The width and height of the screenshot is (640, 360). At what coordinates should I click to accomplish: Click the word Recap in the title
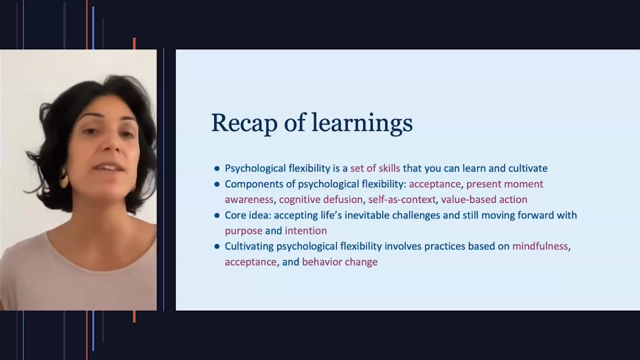244,123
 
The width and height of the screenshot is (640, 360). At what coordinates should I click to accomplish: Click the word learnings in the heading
362,123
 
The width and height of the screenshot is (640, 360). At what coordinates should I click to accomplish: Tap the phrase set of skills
375,168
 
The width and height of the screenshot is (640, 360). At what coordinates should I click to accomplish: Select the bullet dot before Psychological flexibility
217,169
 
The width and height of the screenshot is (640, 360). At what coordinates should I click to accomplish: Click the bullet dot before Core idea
217,216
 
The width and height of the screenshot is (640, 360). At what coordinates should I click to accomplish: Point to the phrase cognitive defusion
321,200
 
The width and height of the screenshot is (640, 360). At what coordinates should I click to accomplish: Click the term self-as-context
402,200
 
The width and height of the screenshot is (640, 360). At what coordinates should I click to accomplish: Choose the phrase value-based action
484,200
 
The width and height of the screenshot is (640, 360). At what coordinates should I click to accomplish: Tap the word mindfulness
540,246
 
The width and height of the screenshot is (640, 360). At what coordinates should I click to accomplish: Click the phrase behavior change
340,262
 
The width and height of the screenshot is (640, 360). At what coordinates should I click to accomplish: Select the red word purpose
243,231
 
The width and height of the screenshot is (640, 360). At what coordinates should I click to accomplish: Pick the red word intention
306,231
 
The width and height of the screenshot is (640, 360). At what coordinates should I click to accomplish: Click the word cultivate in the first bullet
528,168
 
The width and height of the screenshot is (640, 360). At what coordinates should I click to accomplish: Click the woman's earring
63,180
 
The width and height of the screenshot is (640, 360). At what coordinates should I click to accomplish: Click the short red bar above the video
134,43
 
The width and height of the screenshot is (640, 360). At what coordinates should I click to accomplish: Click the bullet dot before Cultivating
217,247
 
